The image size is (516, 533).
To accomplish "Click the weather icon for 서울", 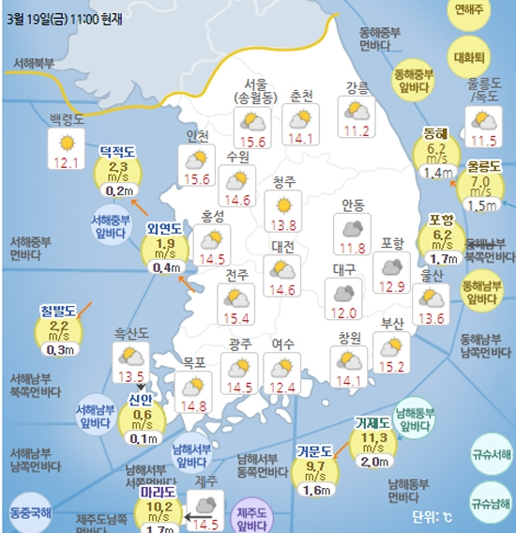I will click(x=252, y=120).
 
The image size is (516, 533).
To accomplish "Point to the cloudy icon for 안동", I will click(x=354, y=227).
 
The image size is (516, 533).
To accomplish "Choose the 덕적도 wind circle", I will click(x=119, y=170).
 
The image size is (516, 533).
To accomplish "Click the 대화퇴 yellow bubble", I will click(x=466, y=55).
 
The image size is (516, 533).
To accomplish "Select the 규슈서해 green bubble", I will click(x=489, y=454).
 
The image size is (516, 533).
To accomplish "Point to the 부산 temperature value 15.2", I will click(x=390, y=365).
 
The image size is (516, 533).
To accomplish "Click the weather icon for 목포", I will click(x=193, y=387).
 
